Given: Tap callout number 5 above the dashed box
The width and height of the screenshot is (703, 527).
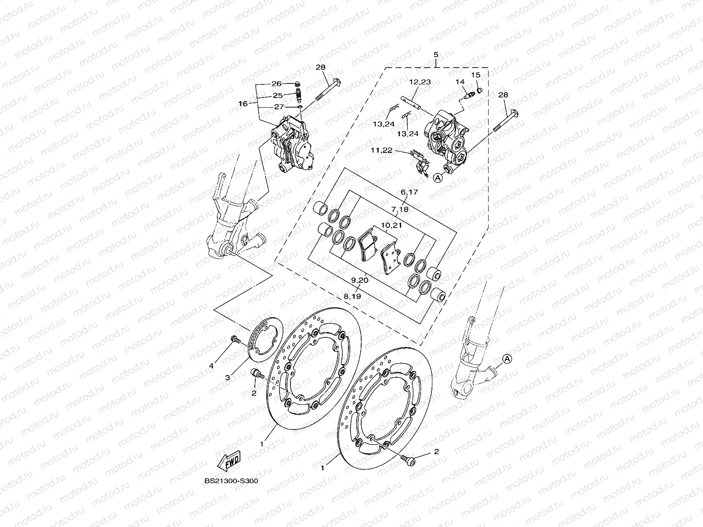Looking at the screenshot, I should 436,55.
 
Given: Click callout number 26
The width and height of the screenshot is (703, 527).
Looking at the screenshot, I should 288,83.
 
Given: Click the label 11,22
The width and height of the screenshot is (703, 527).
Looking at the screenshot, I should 381,150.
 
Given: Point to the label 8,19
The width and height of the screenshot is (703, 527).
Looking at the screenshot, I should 352,296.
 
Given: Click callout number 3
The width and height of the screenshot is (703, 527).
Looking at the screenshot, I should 228,378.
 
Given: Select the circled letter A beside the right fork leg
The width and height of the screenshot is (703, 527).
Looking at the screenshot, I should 507,359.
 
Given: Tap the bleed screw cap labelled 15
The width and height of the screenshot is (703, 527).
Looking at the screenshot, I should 480,90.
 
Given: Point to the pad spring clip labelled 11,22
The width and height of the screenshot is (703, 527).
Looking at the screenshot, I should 420,163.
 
